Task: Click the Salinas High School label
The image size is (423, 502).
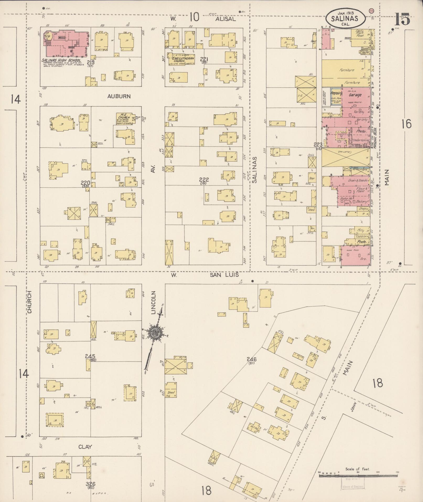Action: tap(61, 60)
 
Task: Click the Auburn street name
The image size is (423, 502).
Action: tap(119, 96)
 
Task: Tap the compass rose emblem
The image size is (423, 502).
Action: tap(154, 332)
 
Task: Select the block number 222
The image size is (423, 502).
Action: tap(204, 180)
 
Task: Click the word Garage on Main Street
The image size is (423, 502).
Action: tap(355, 95)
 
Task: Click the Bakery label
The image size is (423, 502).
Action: tap(361, 202)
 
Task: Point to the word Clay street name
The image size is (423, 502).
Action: tap(85, 447)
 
